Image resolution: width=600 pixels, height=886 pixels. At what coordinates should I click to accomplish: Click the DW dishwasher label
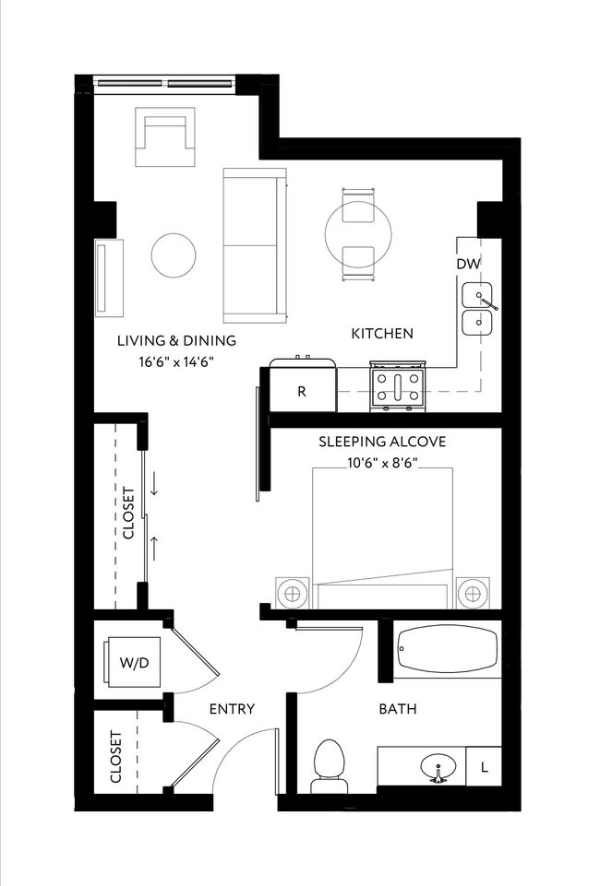pyautogui.click(x=468, y=265)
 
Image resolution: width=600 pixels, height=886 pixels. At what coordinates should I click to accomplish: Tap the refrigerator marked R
pyautogui.click(x=302, y=390)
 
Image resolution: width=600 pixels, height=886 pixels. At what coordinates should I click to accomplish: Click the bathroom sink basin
pyautogui.click(x=438, y=767)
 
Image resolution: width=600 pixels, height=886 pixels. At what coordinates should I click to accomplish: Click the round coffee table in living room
pyautogui.click(x=173, y=254)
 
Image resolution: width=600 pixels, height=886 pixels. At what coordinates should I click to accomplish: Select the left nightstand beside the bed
pyautogui.click(x=293, y=591)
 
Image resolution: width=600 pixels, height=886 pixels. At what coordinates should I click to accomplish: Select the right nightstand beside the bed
pyautogui.click(x=472, y=591)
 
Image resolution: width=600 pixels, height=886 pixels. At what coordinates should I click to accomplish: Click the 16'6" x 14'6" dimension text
pyautogui.click(x=176, y=362)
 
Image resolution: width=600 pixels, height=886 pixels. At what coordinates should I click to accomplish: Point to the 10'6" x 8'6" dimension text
pyautogui.click(x=382, y=463)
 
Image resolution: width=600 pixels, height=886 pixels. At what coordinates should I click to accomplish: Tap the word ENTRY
pyautogui.click(x=232, y=709)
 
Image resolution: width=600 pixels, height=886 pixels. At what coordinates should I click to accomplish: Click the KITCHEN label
pyautogui.click(x=382, y=333)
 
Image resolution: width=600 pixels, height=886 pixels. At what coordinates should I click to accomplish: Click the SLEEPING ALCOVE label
pyautogui.click(x=382, y=442)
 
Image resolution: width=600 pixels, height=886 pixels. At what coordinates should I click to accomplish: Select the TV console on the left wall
pyautogui.click(x=108, y=277)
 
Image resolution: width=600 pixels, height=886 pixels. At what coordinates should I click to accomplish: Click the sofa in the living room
pyautogui.click(x=251, y=244)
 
